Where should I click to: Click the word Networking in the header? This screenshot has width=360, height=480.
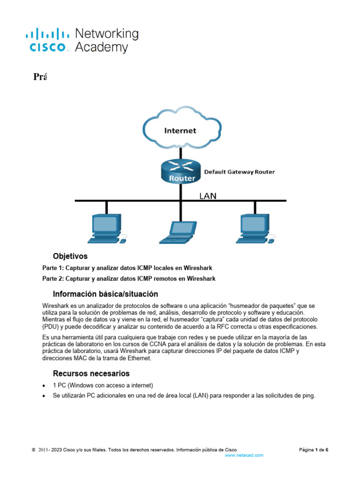point(107,34)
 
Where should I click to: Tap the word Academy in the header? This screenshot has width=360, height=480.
point(101,47)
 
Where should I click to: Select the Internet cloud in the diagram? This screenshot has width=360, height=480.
point(180,130)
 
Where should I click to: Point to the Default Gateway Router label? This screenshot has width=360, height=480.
point(239,172)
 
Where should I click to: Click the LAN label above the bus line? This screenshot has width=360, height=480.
point(208,196)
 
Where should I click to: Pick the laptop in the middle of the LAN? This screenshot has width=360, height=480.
point(177,232)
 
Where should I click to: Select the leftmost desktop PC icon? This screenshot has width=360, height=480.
point(106,229)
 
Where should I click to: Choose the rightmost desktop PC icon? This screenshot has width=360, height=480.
point(255,229)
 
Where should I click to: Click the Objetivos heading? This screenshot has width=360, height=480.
point(70,256)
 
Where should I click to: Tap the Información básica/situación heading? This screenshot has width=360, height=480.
point(105,294)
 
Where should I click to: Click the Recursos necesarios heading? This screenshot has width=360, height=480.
point(91,374)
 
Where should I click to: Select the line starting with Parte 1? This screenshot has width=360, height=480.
point(127,268)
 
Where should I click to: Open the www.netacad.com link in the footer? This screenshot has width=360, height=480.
point(244,455)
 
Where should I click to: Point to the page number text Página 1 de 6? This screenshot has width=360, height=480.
point(314,450)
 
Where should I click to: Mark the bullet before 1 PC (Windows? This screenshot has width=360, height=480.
point(44,386)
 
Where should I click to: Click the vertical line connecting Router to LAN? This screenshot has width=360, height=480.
point(180,192)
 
